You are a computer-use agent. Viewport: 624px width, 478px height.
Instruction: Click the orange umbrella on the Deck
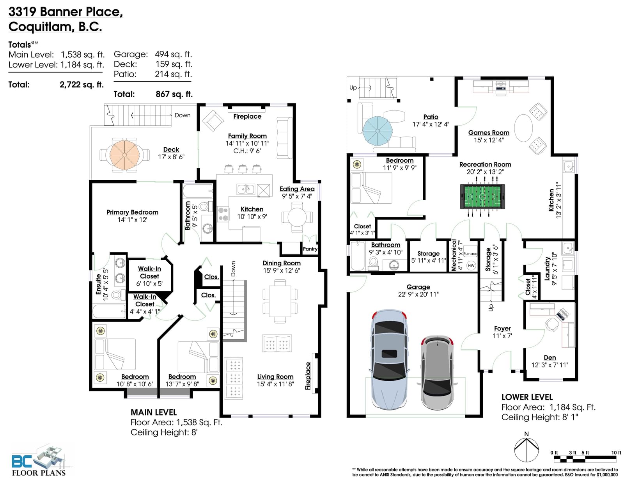click(124, 155)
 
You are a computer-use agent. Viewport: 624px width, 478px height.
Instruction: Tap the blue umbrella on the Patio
click(378, 131)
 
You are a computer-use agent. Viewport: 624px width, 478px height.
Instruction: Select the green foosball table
click(482, 197)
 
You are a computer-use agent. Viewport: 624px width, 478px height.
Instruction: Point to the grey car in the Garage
click(438, 373)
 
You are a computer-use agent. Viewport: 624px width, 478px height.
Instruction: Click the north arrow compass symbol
click(526, 449)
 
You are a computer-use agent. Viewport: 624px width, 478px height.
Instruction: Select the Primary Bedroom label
click(132, 212)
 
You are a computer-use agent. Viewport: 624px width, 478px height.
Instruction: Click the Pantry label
click(310, 249)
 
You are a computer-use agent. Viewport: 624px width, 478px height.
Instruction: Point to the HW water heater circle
click(471, 265)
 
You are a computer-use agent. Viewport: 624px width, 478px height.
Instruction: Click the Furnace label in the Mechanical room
click(470, 254)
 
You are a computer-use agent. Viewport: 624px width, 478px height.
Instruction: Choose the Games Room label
click(489, 132)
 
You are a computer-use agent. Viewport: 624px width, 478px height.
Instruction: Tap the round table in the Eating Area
click(297, 217)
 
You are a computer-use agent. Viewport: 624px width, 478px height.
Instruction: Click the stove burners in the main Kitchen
click(223, 214)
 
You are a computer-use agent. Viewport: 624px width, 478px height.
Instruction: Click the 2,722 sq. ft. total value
click(82, 84)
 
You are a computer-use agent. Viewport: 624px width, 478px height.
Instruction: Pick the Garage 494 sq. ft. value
click(173, 54)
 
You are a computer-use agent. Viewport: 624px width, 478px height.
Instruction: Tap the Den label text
click(550, 357)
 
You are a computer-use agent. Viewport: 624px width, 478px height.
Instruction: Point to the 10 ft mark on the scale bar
click(616, 453)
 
